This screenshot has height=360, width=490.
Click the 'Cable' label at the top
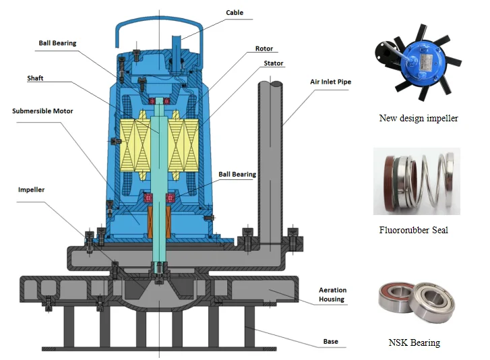pos(235,13)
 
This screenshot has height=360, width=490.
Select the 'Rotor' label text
pos(264,49)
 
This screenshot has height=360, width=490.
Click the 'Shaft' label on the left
pos(36,78)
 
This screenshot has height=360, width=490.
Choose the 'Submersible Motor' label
pos(42,111)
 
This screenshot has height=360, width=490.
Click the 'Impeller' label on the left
pos(31,190)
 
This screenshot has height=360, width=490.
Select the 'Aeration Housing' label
pos(332,294)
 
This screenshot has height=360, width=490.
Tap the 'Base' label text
pos(330,342)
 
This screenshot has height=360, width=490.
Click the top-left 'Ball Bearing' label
pos(57,43)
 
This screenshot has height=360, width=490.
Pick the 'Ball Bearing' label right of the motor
pos(237,175)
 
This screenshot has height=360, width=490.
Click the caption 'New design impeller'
pos(419,119)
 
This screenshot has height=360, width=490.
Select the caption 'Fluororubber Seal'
pos(413,231)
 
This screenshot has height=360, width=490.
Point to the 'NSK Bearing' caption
pos(415,342)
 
